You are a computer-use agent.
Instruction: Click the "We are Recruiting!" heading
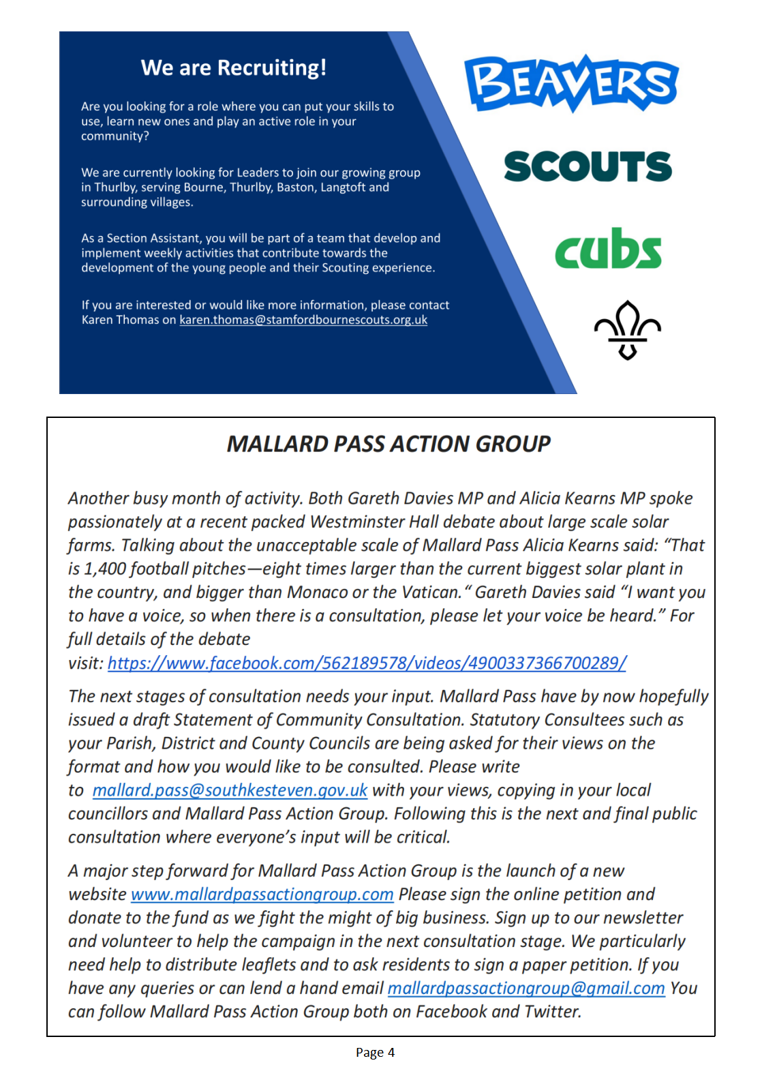[233, 67]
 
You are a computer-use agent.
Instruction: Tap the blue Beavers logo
[571, 83]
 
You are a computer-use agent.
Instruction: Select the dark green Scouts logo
[588, 166]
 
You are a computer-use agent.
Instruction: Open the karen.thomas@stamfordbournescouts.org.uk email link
[303, 320]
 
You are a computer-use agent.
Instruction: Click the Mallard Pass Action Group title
[388, 444]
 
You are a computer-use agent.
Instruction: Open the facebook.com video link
[367, 663]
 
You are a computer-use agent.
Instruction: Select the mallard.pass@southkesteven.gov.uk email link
[230, 790]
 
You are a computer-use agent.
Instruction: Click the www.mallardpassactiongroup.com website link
[262, 895]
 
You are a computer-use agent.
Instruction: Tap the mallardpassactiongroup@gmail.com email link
[525, 989]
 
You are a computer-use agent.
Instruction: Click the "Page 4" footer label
[375, 1053]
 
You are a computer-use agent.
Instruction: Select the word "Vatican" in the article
[430, 592]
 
